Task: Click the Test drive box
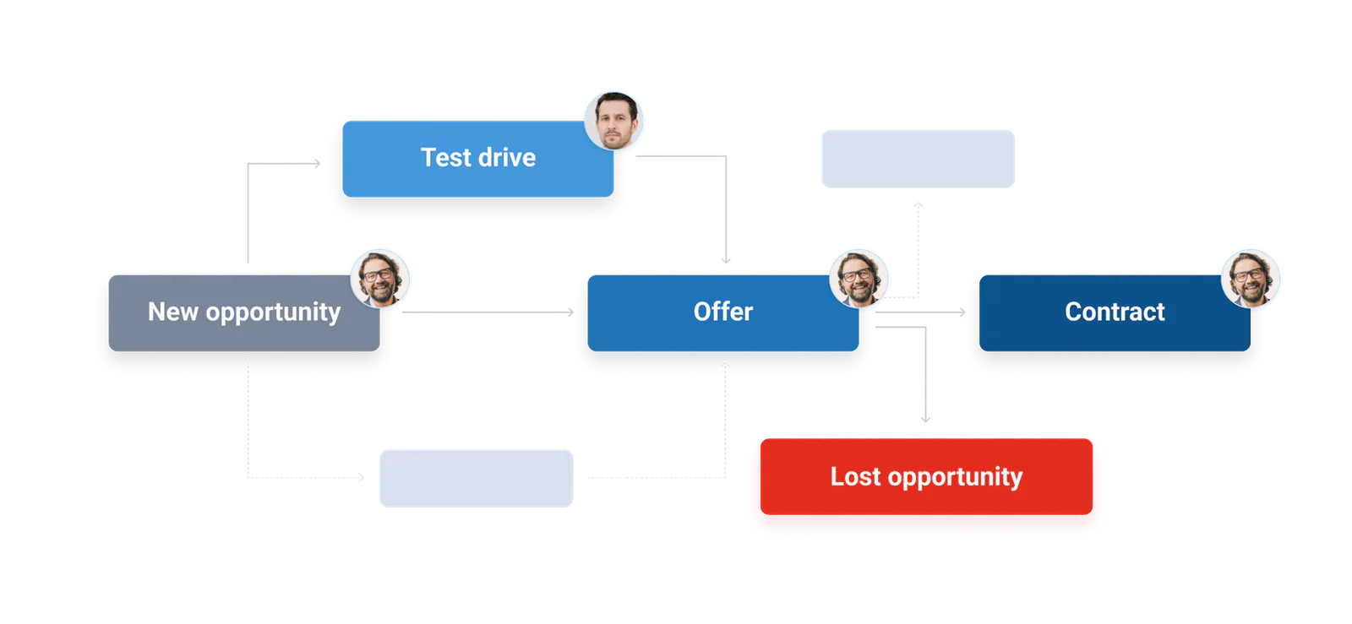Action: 478,159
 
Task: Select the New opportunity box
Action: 244,313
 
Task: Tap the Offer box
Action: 723,313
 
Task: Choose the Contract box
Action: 1115,313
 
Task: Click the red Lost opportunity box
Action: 926,476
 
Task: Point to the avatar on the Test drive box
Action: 613,121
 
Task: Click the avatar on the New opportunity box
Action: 379,278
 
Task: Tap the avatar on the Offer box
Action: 859,278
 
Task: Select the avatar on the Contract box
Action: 1251,278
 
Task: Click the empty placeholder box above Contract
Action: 918,159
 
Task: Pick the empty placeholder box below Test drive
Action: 477,478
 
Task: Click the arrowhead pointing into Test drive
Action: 317,163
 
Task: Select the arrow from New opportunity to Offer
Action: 488,312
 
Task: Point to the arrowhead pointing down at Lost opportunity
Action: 925,419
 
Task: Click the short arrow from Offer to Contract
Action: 920,312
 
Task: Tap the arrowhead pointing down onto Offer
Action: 726,260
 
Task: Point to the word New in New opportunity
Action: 173,312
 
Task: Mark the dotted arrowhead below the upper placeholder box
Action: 918,205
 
